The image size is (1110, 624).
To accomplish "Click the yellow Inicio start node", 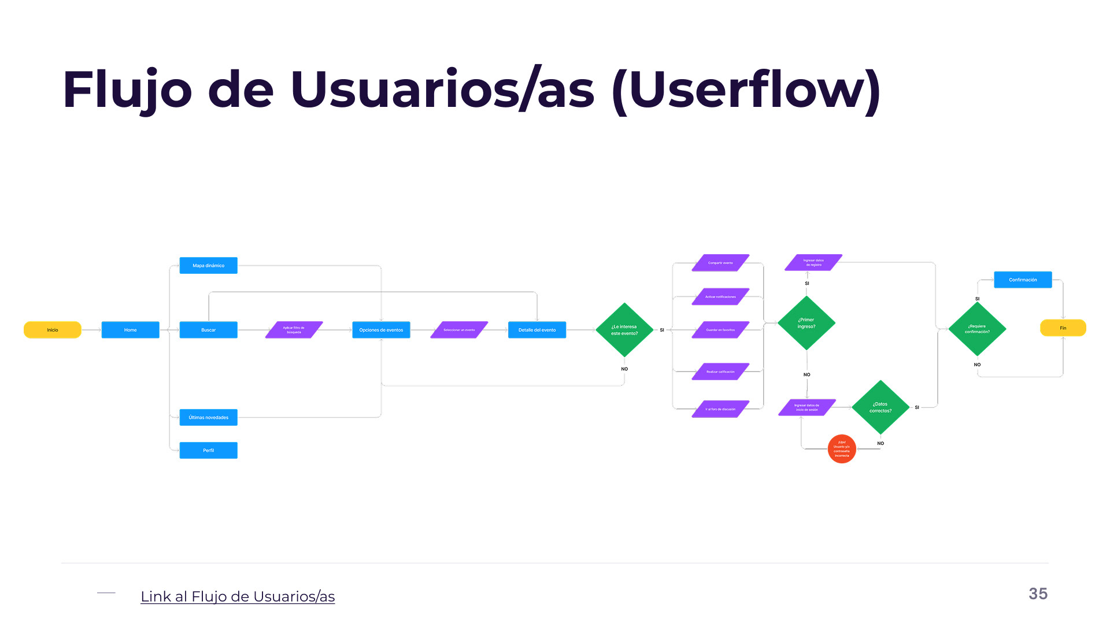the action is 52,330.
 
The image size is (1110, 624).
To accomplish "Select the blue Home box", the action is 130,330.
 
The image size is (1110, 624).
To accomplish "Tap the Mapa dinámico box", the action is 208,265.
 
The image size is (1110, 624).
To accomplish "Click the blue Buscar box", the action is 208,330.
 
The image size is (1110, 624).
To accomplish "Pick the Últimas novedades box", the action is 208,417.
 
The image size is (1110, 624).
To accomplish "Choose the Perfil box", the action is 208,450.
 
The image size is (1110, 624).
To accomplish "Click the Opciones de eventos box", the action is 381,330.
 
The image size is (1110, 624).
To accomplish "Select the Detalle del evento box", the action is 537,330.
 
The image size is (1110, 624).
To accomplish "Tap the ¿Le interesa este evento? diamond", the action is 624,330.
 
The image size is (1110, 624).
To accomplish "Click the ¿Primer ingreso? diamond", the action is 806,323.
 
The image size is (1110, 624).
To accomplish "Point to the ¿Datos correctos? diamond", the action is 880,407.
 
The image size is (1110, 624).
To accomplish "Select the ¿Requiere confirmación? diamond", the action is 977,329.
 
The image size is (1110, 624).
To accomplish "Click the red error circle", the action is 842,449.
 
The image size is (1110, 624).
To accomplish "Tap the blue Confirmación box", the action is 1023,280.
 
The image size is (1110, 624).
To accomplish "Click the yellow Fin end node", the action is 1063,328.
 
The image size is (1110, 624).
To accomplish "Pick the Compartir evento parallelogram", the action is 720,263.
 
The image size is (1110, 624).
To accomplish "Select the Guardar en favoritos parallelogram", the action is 720,330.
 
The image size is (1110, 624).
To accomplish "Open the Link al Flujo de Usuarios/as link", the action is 238,596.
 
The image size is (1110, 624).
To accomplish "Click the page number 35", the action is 1038,593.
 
